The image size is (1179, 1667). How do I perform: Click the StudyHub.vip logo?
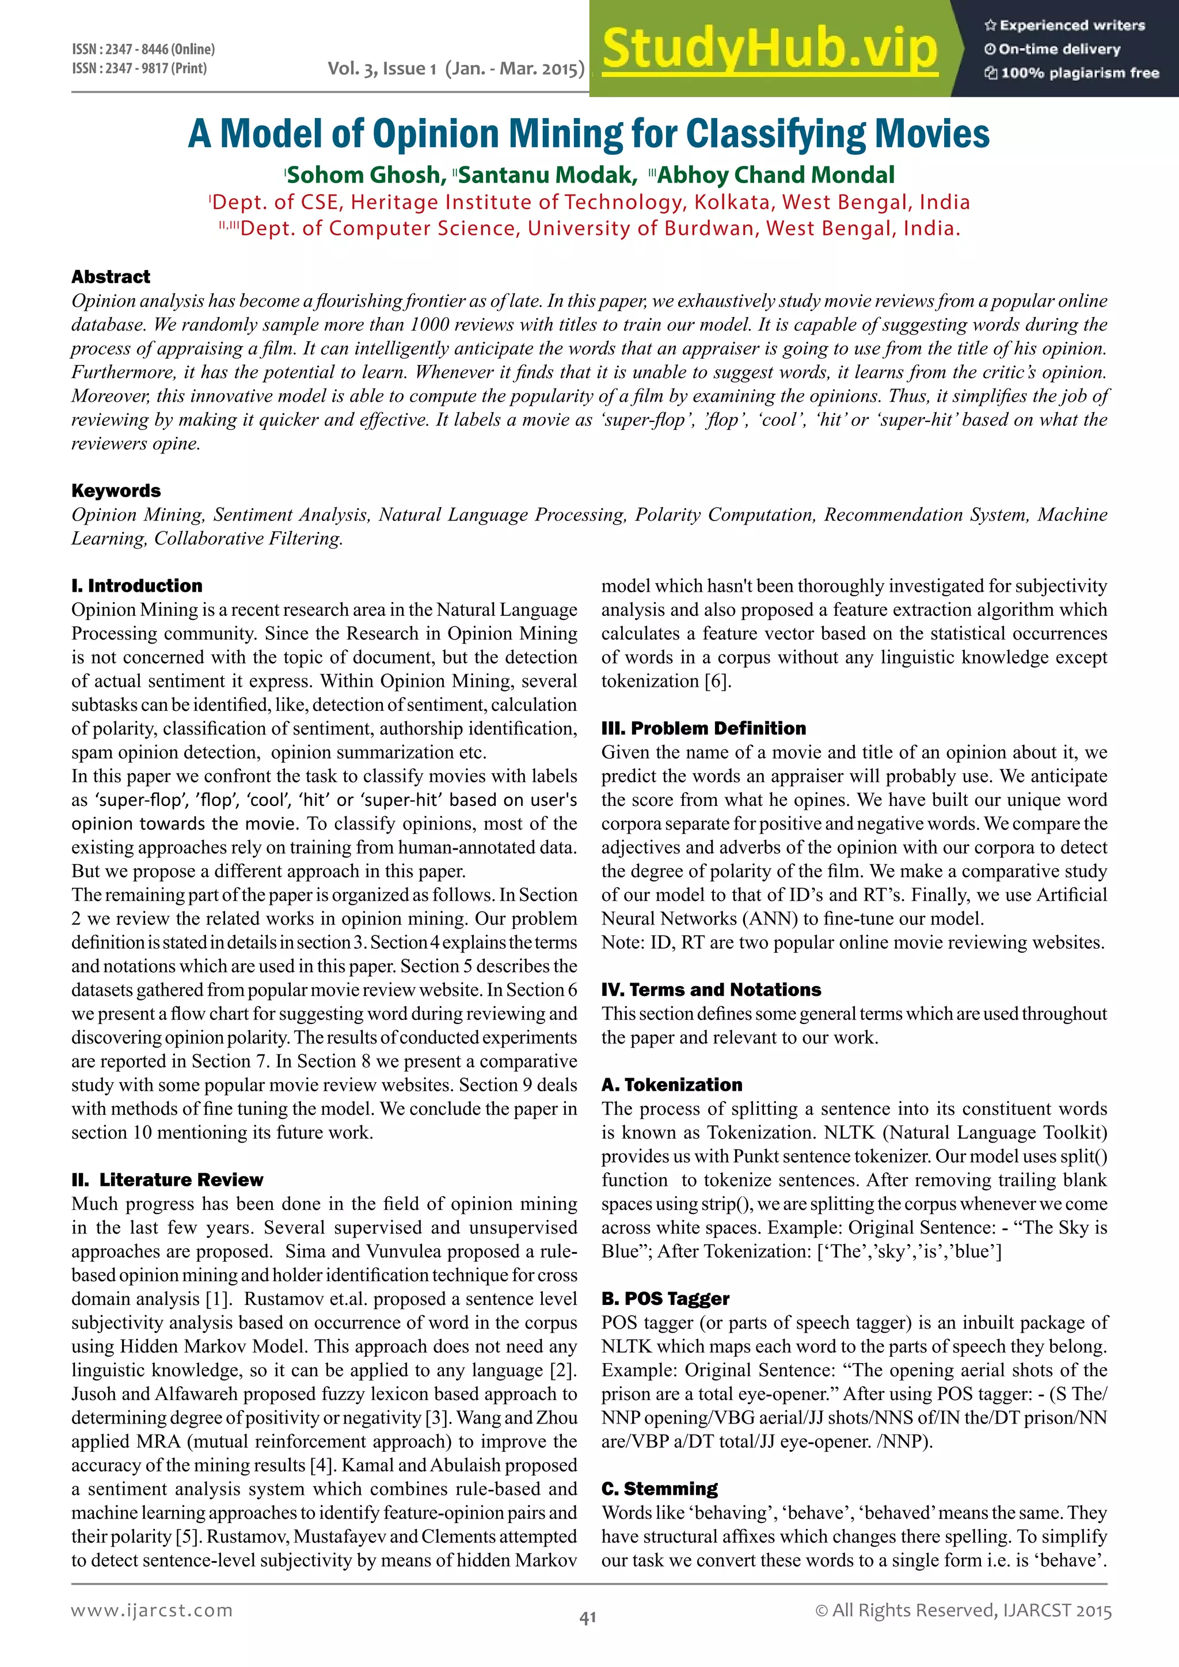click(x=770, y=50)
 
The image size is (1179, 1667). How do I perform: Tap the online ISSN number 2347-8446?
click(x=143, y=50)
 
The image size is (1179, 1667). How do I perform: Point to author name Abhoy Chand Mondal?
click(x=775, y=175)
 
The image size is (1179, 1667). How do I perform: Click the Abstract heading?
click(x=111, y=277)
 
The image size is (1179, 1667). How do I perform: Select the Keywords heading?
click(x=116, y=491)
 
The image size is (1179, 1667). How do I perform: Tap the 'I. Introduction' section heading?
click(x=136, y=586)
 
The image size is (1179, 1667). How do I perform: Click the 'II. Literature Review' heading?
click(x=167, y=1180)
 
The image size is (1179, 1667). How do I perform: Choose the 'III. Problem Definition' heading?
click(x=703, y=728)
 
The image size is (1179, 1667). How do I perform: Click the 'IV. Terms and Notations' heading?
click(x=711, y=989)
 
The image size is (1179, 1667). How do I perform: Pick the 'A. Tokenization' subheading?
click(x=672, y=1084)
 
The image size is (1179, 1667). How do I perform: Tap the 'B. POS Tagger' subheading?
click(x=665, y=1299)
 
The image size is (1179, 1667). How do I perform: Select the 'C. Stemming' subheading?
click(x=659, y=1489)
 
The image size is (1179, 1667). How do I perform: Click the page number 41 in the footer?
click(x=588, y=1617)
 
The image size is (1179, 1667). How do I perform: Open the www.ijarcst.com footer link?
click(x=152, y=1611)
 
